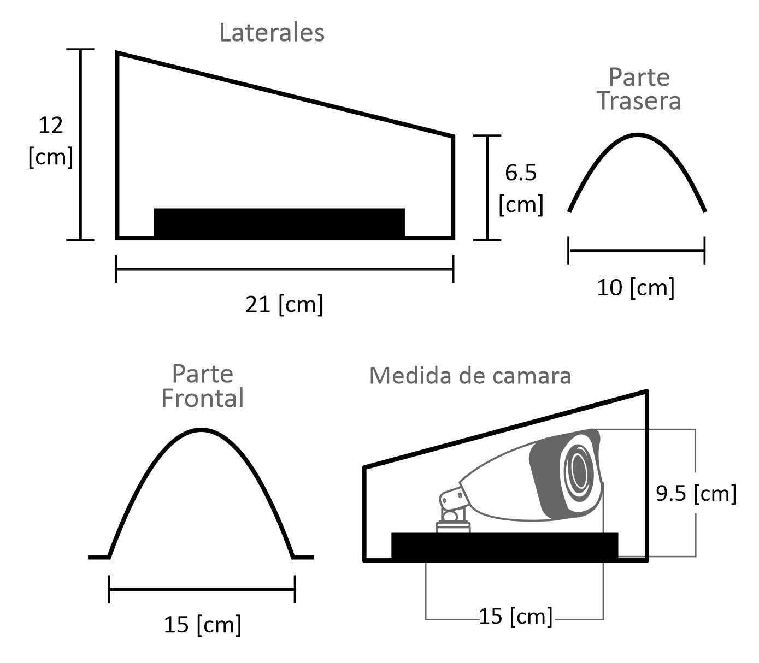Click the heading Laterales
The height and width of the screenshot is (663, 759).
[x=272, y=33]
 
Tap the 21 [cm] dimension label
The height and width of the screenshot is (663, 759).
[x=284, y=305]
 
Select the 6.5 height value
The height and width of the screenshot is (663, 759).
[x=521, y=173]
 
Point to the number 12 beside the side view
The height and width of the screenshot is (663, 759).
[x=51, y=125]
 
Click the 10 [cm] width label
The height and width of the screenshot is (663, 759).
[x=636, y=288]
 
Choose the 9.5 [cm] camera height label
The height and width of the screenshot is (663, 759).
[x=696, y=494]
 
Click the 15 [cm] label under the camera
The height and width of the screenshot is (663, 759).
[x=516, y=616]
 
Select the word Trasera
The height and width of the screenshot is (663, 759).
[x=639, y=101]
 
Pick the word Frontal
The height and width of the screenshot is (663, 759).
[x=203, y=398]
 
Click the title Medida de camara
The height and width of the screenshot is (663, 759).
[x=470, y=376]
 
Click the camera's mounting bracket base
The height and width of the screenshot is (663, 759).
[x=453, y=526]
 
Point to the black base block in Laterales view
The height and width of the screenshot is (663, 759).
[x=279, y=222]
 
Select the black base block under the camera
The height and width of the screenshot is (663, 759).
[x=504, y=546]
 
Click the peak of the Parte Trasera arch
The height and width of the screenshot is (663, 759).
[x=637, y=134]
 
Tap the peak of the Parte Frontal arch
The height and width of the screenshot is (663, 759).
[x=201, y=430]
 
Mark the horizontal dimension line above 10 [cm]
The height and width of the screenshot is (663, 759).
[x=637, y=251]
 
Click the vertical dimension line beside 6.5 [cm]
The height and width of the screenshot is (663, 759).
[x=487, y=188]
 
